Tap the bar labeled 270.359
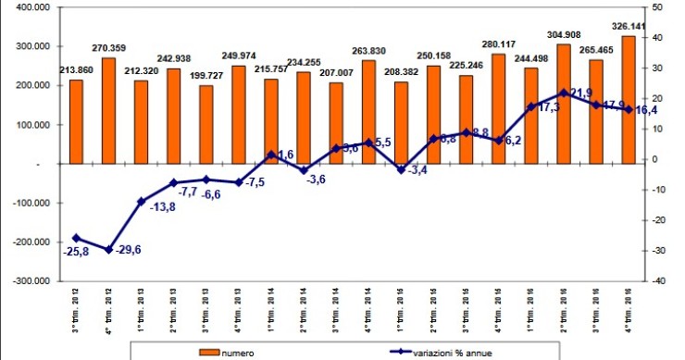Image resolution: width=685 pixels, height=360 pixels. pyautogui.click(x=109, y=111)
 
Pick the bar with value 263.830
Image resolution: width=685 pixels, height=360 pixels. pyautogui.click(x=368, y=112)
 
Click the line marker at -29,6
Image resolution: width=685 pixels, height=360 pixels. pyautogui.click(x=109, y=250)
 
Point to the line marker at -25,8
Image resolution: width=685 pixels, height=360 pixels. pyautogui.click(x=77, y=238)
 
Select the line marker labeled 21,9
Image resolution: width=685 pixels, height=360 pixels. pyautogui.click(x=564, y=93)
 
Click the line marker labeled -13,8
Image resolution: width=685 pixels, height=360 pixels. pyautogui.click(x=142, y=202)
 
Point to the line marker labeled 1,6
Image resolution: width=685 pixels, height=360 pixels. pyautogui.click(x=271, y=155)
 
